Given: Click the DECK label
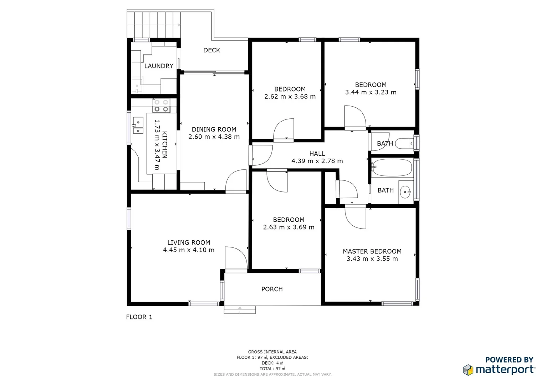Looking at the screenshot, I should pyautogui.click(x=212, y=50).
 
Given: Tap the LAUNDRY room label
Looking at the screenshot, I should pyautogui.click(x=159, y=66).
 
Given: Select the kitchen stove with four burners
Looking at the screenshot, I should pyautogui.click(x=161, y=106).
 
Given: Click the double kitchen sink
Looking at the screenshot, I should pyautogui.click(x=138, y=126).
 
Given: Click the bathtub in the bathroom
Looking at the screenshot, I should pyautogui.click(x=392, y=168).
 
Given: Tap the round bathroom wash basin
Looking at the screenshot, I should pyautogui.click(x=405, y=192).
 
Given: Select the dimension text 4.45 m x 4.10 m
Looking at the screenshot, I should pyautogui.click(x=189, y=250).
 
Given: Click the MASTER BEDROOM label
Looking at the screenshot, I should pyautogui.click(x=372, y=251).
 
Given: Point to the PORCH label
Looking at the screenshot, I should pyautogui.click(x=272, y=289).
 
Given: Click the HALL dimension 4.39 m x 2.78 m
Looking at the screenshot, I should pyautogui.click(x=317, y=161).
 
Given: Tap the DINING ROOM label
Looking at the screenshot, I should pyautogui.click(x=214, y=129).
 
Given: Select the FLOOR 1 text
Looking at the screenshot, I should pyautogui.click(x=139, y=317).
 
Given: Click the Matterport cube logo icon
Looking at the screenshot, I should pyautogui.click(x=468, y=370).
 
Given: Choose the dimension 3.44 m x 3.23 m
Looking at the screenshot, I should pyautogui.click(x=371, y=92).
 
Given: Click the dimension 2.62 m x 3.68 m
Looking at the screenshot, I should pyautogui.click(x=290, y=97).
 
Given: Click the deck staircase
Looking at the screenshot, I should pyautogui.click(x=154, y=24).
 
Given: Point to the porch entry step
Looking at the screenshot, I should pyautogui.click(x=240, y=310).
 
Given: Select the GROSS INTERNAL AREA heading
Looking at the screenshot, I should pyautogui.click(x=272, y=352).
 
